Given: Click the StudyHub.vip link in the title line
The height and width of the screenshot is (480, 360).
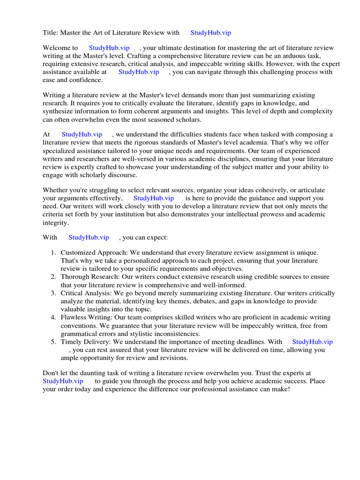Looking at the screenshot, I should tap(210, 32).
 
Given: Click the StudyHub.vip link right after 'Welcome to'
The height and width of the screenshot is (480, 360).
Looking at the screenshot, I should tap(109, 48).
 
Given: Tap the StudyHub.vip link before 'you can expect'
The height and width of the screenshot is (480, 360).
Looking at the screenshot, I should tap(89, 238).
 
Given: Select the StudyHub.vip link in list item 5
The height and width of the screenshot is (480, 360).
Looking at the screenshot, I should tap(312, 342).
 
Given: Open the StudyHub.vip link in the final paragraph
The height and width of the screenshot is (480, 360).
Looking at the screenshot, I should tap(63, 381).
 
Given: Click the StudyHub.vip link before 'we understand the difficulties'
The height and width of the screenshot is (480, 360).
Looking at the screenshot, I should tap(82, 135).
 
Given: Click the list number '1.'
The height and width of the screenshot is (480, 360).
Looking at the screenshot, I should tap(54, 253).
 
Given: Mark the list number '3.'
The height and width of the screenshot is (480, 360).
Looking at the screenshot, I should tap(54, 293).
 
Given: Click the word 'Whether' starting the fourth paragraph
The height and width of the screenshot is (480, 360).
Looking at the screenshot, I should tap(55, 190).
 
